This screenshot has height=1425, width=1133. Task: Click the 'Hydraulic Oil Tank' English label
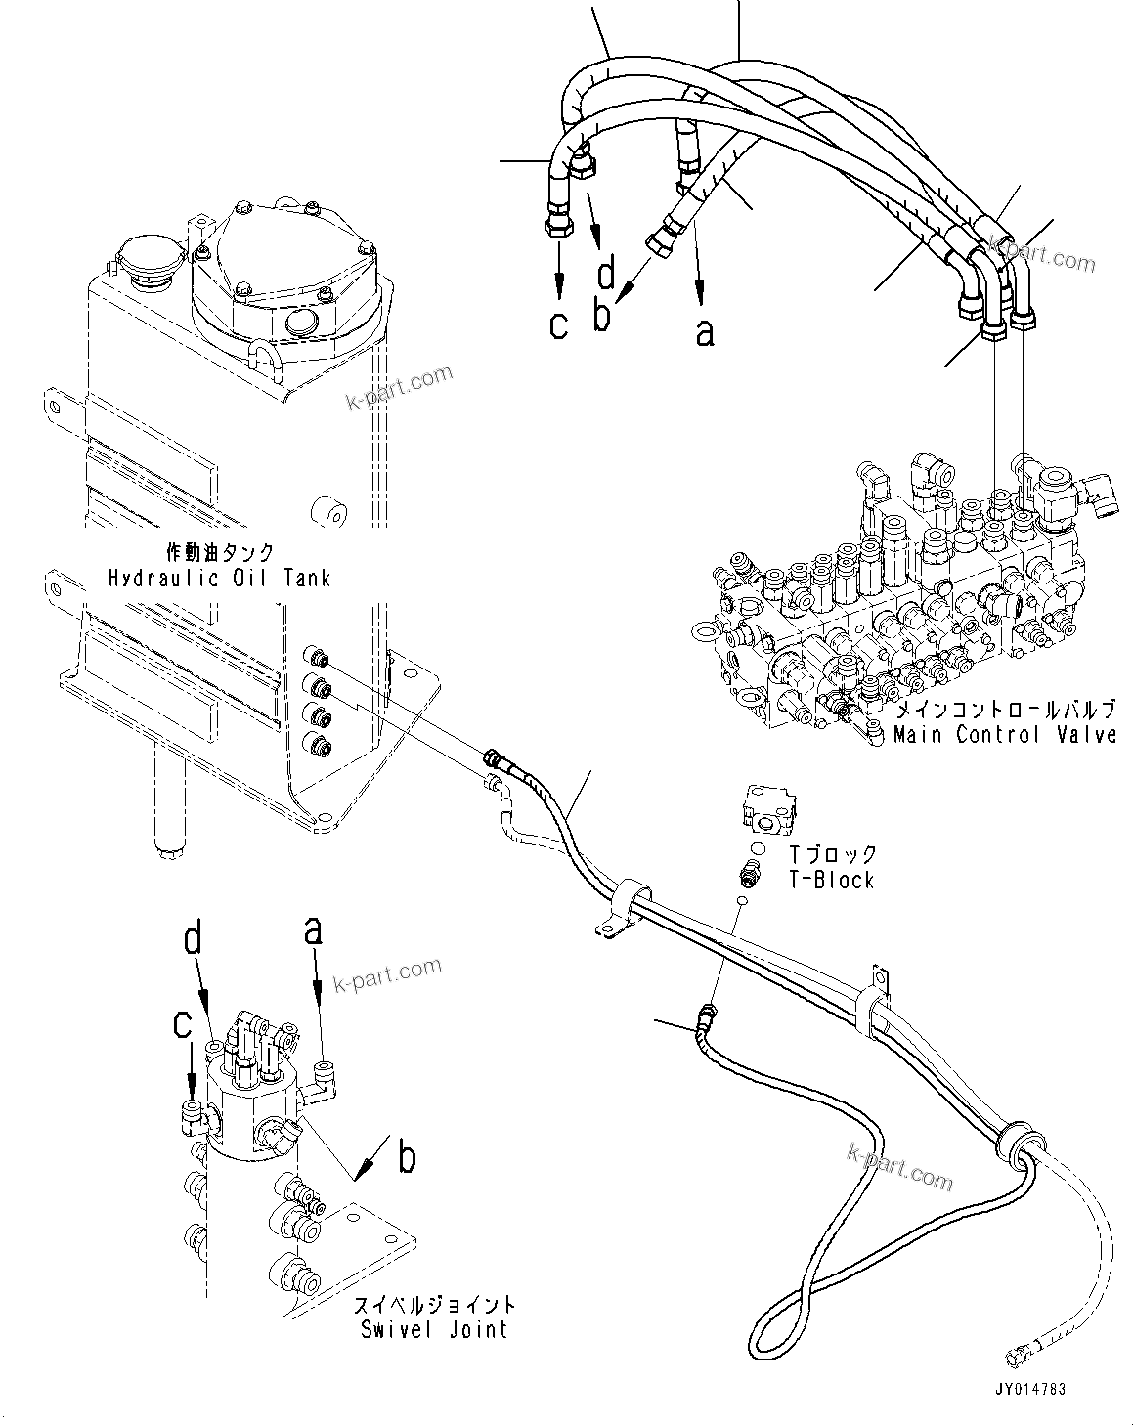(219, 578)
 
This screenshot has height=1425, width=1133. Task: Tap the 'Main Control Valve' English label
(1004, 734)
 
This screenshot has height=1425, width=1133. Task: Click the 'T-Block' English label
(832, 880)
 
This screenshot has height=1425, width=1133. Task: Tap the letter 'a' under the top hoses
(704, 332)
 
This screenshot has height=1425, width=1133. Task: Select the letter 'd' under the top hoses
(606, 274)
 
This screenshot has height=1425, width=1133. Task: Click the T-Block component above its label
(772, 807)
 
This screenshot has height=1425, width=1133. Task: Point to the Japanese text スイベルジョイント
(436, 1305)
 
